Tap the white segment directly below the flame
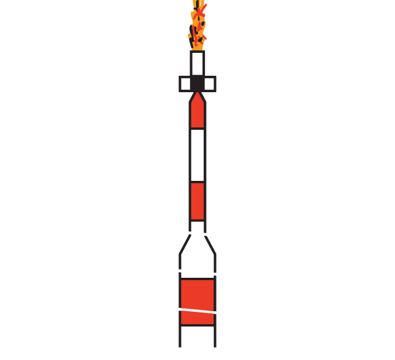click(x=197, y=63)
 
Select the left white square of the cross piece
click(x=185, y=84)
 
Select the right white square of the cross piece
click(x=209, y=84)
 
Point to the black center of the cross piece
click(x=197, y=84)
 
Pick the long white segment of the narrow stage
click(x=197, y=155)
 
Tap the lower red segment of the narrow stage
click(x=197, y=201)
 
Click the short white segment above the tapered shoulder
click(x=197, y=227)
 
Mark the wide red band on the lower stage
click(x=197, y=301)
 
